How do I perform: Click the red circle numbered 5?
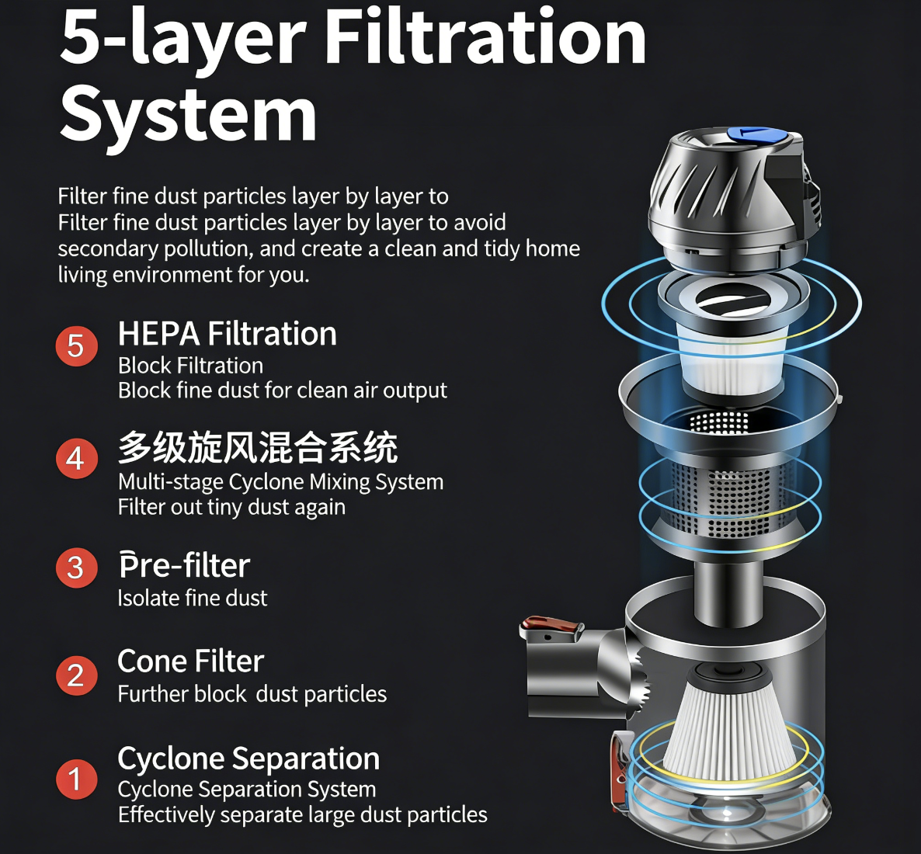tap(76, 346)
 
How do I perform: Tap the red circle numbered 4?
tap(76, 459)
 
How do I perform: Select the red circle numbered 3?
tap(76, 568)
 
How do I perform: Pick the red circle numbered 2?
tap(76, 675)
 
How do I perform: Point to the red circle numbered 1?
tap(76, 779)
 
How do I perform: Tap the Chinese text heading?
tap(258, 447)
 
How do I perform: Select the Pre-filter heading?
tap(185, 565)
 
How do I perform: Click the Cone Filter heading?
tap(191, 661)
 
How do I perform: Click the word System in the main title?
tap(188, 115)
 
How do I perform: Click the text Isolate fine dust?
tap(193, 598)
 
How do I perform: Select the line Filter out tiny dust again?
tap(231, 507)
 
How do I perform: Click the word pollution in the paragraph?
tap(209, 249)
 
